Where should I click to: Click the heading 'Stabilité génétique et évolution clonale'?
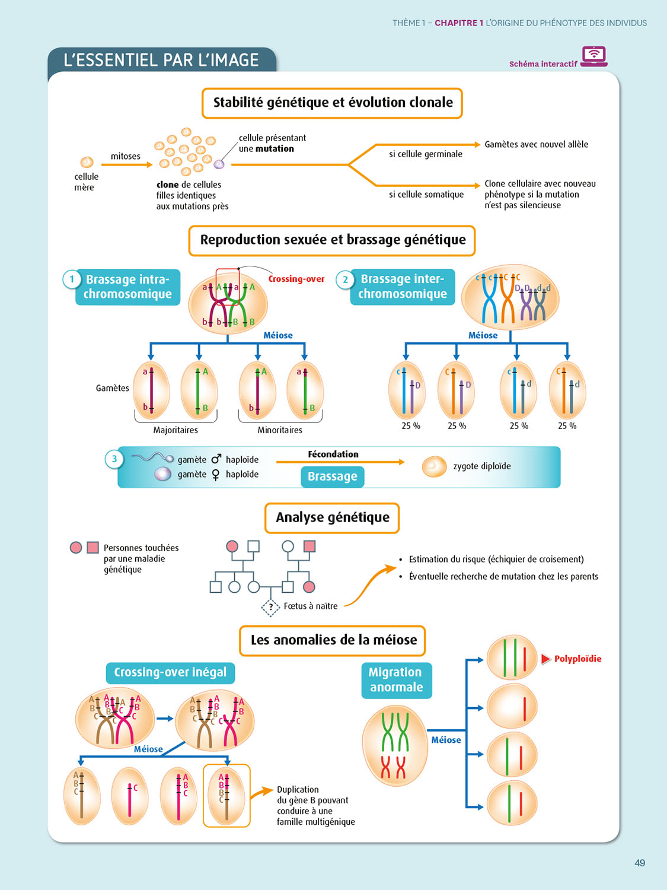coord(332,103)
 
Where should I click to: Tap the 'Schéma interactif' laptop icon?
coord(593,56)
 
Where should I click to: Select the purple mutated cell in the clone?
coord(219,164)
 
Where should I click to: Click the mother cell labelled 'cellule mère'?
coord(87,162)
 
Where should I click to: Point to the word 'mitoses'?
coord(126,156)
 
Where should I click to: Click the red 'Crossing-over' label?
coord(296,279)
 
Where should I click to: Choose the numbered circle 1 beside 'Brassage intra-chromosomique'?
coord(72,279)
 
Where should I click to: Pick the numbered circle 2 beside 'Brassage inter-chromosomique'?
coord(345,279)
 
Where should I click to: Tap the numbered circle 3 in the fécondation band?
coord(114,459)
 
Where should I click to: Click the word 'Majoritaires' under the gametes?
coord(175,430)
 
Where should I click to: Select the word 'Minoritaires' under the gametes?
coord(280,430)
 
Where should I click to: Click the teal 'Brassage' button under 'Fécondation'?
coord(332,476)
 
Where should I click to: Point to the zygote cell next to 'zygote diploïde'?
coord(434,466)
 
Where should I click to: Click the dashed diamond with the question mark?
coord(270,606)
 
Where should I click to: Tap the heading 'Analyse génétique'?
coord(332,517)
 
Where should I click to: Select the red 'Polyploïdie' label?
coord(577,659)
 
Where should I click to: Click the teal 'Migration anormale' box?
coord(396,680)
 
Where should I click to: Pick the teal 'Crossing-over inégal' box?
coord(170,672)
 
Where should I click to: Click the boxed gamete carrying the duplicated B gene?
coord(226,796)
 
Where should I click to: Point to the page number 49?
coord(639,863)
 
